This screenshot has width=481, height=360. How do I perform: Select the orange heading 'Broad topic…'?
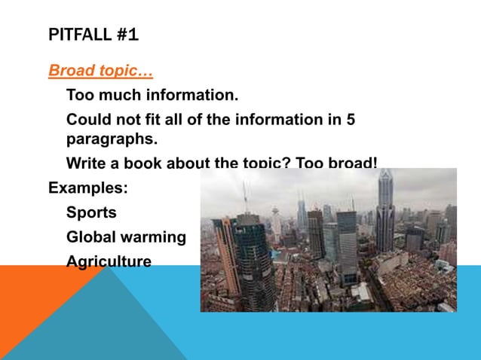click(x=100, y=72)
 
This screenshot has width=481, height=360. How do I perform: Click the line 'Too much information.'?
click(x=152, y=96)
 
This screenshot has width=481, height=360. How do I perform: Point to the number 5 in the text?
click(x=351, y=120)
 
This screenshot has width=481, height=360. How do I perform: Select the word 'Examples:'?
click(x=88, y=188)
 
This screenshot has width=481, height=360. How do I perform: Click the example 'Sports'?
click(x=91, y=212)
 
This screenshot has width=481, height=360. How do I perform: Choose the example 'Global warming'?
click(x=126, y=237)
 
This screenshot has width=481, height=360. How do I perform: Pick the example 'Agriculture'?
click(x=109, y=261)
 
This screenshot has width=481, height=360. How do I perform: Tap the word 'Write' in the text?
click(x=86, y=163)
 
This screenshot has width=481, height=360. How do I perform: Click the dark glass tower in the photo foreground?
click(x=253, y=264)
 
